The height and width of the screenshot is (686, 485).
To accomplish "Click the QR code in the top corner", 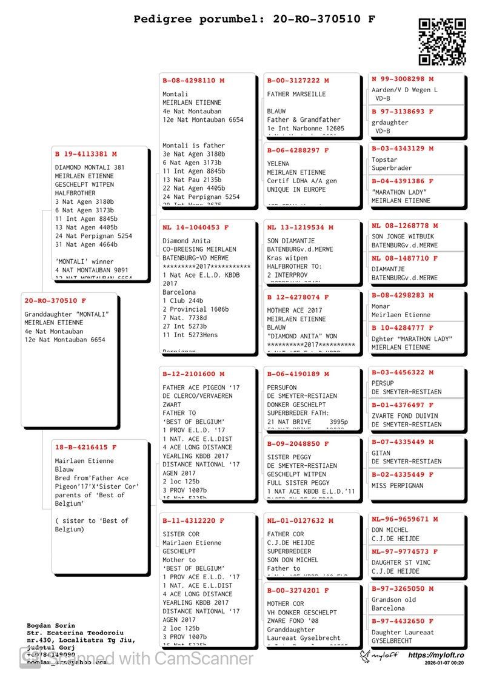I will point(443,41).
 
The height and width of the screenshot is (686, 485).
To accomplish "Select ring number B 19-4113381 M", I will point(85,154).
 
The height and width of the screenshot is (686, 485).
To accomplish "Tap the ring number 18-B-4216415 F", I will point(85,448).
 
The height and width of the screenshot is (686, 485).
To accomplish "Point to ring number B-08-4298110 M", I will point(193,81).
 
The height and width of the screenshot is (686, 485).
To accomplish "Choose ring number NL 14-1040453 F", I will point(195,227).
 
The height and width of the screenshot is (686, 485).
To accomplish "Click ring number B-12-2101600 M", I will point(193,374).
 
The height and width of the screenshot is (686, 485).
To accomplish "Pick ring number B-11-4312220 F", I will point(193,521).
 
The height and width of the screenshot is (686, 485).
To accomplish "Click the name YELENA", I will point(278,164).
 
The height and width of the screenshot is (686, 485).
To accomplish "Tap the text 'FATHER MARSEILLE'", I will point(296,94).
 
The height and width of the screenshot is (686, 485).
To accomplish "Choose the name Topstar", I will point(384,160).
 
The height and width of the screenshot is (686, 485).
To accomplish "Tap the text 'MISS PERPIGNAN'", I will point(397,486).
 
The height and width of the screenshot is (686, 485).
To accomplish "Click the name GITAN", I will point(382,453).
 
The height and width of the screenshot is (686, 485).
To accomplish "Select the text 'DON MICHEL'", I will point(390,530).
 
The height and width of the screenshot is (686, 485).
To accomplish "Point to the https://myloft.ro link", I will point(436,655).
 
